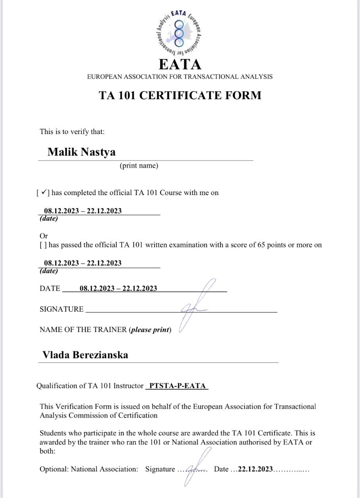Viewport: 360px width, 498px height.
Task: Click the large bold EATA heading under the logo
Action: (180, 64)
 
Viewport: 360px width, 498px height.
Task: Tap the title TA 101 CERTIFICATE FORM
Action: (180, 95)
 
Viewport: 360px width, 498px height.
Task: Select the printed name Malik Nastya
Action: (81, 151)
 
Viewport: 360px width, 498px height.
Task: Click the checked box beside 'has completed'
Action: (43, 193)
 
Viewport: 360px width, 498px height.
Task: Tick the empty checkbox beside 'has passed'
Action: (43, 245)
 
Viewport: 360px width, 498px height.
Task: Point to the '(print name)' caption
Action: (139, 166)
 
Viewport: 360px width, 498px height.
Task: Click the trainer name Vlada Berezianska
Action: (85, 355)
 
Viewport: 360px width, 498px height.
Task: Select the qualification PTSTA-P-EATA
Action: (177, 386)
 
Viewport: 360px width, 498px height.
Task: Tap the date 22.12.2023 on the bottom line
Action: (255, 469)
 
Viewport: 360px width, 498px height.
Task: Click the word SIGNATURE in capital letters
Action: (61, 309)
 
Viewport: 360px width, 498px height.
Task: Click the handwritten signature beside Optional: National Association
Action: (195, 467)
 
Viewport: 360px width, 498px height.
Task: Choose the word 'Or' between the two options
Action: (44, 236)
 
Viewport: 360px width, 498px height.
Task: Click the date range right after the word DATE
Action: (118, 288)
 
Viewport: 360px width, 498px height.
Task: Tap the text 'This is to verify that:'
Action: (72, 132)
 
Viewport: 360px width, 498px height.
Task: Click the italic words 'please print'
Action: (150, 330)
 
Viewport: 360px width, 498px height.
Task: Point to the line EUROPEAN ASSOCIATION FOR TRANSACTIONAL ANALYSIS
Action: (180, 77)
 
